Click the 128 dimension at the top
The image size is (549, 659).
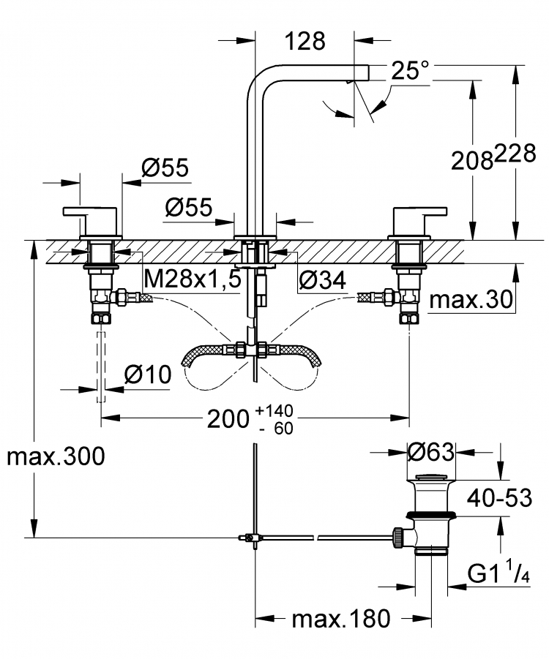305,41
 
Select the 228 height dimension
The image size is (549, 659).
515,154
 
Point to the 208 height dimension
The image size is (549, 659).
472,161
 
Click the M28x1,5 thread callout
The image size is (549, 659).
193,279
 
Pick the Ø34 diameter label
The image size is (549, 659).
322,280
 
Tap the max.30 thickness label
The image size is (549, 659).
471,300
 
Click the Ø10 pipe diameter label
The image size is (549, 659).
148,374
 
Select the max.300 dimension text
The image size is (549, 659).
56,456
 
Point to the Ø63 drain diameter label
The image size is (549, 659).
431,452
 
